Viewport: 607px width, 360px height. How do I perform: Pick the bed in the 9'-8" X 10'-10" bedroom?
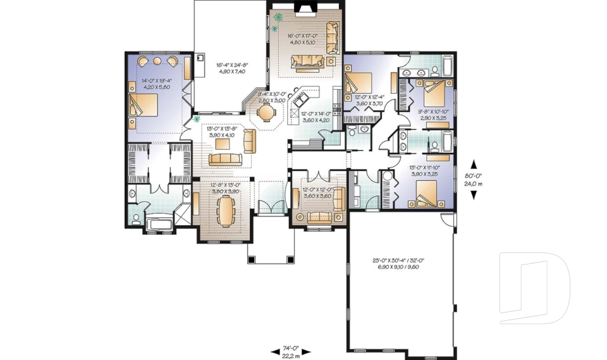434,92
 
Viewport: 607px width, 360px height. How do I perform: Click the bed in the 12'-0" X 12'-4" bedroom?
359,84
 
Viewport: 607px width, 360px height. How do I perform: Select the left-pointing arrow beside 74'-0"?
274,351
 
